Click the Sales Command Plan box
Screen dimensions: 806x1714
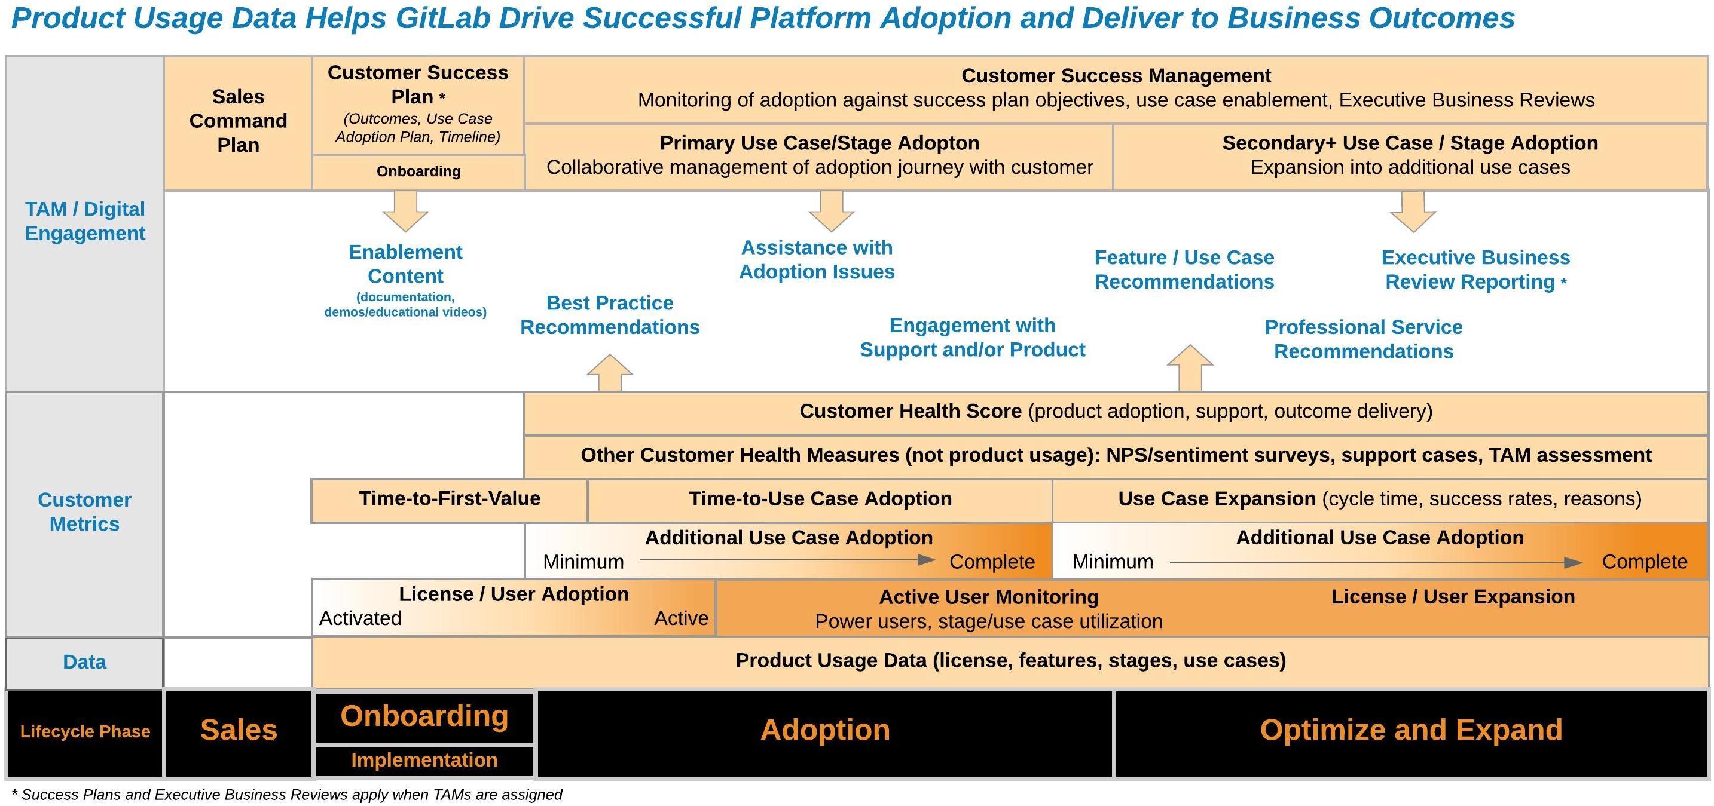click(237, 122)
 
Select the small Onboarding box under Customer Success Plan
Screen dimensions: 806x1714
click(418, 171)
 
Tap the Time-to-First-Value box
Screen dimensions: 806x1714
click(449, 499)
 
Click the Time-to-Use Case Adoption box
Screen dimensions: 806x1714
click(820, 499)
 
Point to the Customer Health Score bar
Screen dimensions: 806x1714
click(1115, 412)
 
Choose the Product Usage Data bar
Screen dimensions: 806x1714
click(1010, 660)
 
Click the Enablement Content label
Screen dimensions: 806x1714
click(405, 264)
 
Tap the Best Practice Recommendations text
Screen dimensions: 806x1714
click(609, 315)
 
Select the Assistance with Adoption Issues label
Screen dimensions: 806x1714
click(817, 259)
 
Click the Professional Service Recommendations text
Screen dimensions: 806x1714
click(1363, 339)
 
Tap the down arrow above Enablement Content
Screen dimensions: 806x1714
click(405, 211)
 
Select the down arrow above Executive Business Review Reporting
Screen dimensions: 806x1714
click(1413, 212)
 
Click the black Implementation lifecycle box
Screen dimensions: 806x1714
click(424, 760)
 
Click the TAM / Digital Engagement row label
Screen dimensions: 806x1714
click(84, 222)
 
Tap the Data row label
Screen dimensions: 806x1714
click(84, 663)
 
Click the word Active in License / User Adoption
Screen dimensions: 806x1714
click(681, 618)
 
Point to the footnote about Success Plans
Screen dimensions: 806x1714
click(288, 795)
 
